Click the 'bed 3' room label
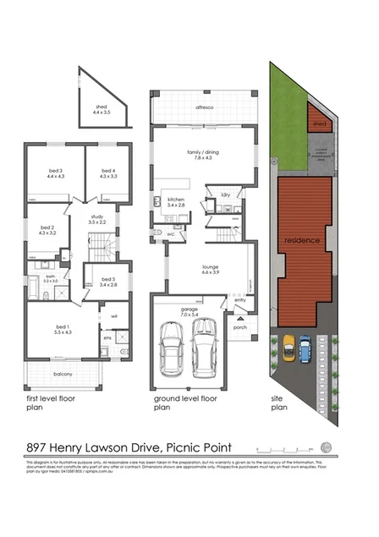click(56, 173)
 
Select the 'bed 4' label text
click(108, 173)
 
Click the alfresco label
click(203, 108)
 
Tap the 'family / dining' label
click(203, 152)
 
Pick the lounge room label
click(210, 271)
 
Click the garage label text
click(191, 310)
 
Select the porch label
click(240, 329)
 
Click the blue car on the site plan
click(305, 346)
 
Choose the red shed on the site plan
click(318, 123)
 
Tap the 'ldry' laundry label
click(225, 195)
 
